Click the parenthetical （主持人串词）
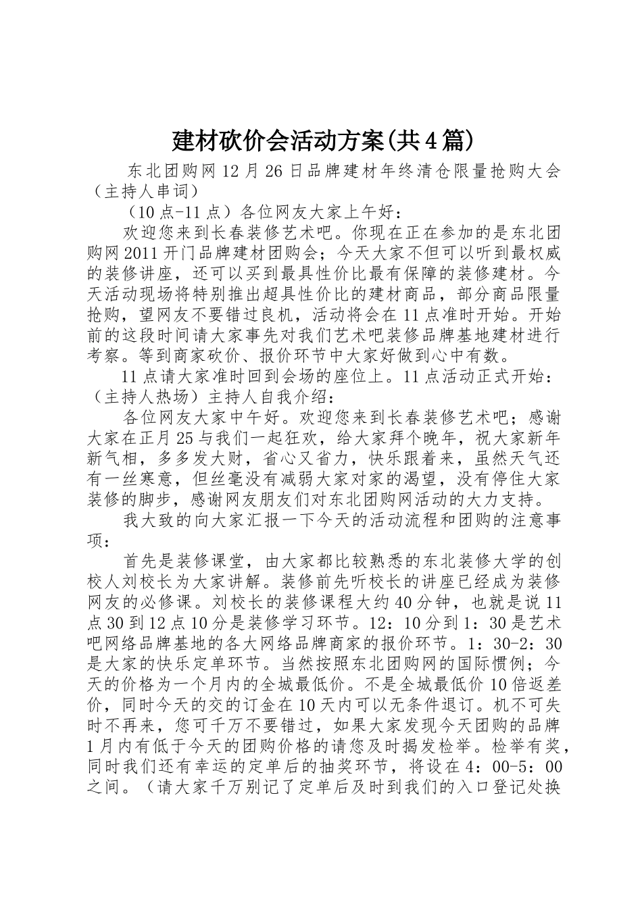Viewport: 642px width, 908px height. [144, 192]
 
